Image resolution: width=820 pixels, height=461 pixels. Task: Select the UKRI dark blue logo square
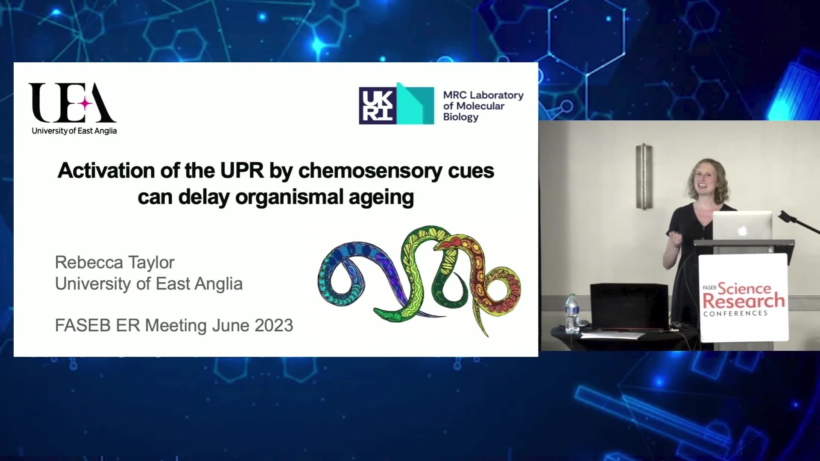[x=378, y=106]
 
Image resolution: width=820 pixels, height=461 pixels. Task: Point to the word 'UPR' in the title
[x=242, y=170]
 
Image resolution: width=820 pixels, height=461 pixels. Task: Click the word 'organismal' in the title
[x=290, y=197]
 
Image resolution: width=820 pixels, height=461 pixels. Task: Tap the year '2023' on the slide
[x=274, y=325]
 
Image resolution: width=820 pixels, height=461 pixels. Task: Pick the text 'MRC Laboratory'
[x=483, y=95]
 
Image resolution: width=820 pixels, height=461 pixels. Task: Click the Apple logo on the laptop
[x=743, y=230]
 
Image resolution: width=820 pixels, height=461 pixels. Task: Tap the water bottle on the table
[x=572, y=313]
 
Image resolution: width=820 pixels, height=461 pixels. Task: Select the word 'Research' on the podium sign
[x=744, y=301]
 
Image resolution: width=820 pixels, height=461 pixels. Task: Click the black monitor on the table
[x=630, y=307]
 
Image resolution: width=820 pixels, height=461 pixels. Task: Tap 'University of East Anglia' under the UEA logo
[x=74, y=131]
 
